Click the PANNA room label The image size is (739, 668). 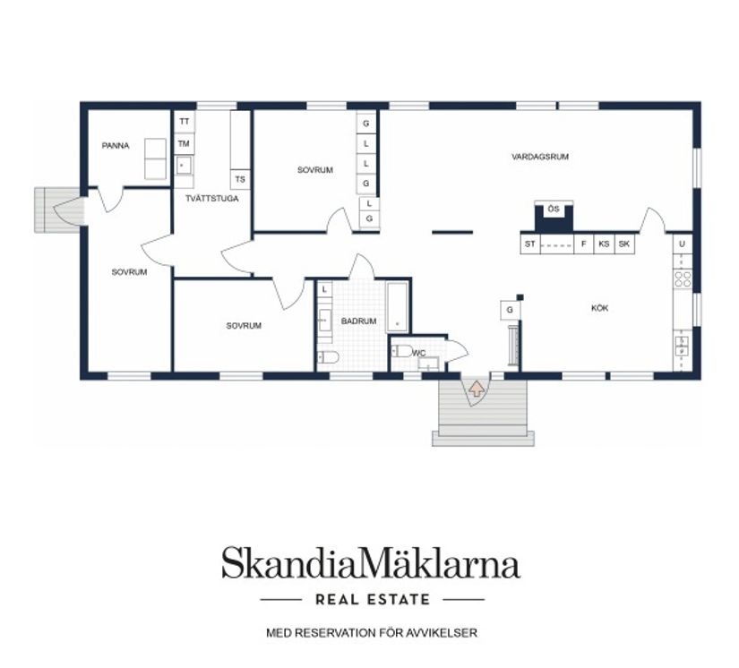tap(116, 146)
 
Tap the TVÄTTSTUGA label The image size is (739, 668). tap(211, 199)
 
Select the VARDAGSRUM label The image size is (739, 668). tap(540, 157)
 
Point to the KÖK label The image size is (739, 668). tap(599, 308)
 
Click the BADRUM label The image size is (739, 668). tap(358, 321)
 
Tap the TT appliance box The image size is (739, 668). tap(185, 122)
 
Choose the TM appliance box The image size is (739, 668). tap(185, 143)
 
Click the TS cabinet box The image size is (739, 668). tap(240, 179)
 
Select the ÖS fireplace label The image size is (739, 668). tap(554, 209)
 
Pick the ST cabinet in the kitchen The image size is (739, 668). tap(530, 244)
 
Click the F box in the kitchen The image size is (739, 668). tap(584, 244)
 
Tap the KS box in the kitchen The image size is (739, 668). tap(605, 244)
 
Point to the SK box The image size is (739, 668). tap(624, 244)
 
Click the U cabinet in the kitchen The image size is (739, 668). tap(682, 244)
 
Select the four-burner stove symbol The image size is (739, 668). tap(682, 278)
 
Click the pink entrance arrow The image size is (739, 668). tap(477, 389)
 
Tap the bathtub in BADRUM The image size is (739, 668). tap(398, 308)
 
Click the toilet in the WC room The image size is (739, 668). tap(402, 351)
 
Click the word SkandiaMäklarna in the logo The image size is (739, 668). tap(371, 562)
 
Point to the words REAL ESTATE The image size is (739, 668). tap(373, 600)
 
